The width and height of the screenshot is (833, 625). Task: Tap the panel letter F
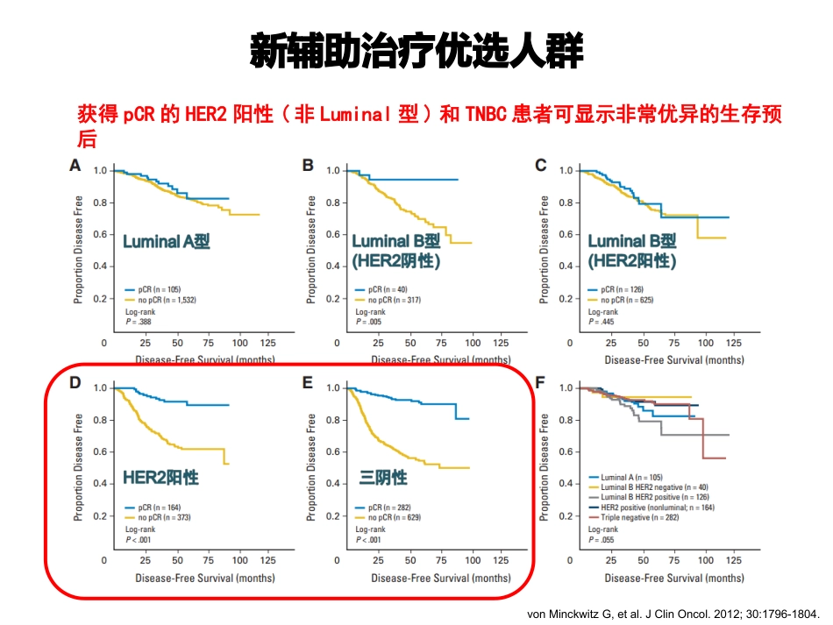click(541, 383)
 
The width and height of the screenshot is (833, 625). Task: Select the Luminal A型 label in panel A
click(166, 242)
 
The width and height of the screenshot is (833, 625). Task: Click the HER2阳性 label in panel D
click(160, 478)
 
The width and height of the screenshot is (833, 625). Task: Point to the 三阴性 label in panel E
click(384, 478)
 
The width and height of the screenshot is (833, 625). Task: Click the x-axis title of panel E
click(440, 578)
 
